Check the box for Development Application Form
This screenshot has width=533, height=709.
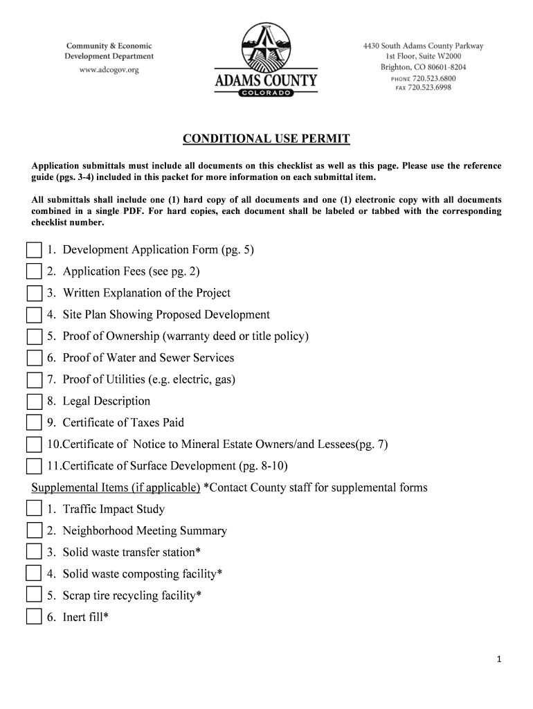34,250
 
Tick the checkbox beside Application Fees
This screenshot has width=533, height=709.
34,271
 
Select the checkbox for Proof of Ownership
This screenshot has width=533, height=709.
34,336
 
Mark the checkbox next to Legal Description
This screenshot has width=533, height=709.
34,402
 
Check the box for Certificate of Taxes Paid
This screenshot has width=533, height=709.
34,423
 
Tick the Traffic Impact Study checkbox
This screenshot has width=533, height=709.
34,510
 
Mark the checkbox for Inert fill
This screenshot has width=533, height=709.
34,617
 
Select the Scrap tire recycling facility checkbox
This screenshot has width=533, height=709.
34,595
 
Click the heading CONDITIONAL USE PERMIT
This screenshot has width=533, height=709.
266,139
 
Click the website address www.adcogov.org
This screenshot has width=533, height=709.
109,70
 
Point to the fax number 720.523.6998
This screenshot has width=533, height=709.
430,88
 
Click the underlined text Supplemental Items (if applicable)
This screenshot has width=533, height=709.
116,487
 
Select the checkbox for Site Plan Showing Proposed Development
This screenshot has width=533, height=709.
34,315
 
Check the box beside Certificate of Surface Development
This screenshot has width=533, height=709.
34,466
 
